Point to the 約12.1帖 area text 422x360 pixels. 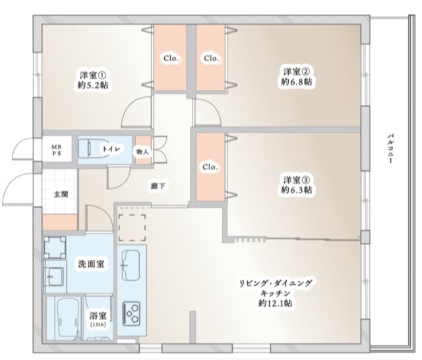[277, 304]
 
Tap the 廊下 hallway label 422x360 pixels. [158, 185]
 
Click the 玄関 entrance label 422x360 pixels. [61, 194]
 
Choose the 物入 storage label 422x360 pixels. [142, 151]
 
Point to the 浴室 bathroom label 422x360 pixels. [97, 316]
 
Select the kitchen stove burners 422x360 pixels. [132, 310]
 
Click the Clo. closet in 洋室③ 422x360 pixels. [210, 166]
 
